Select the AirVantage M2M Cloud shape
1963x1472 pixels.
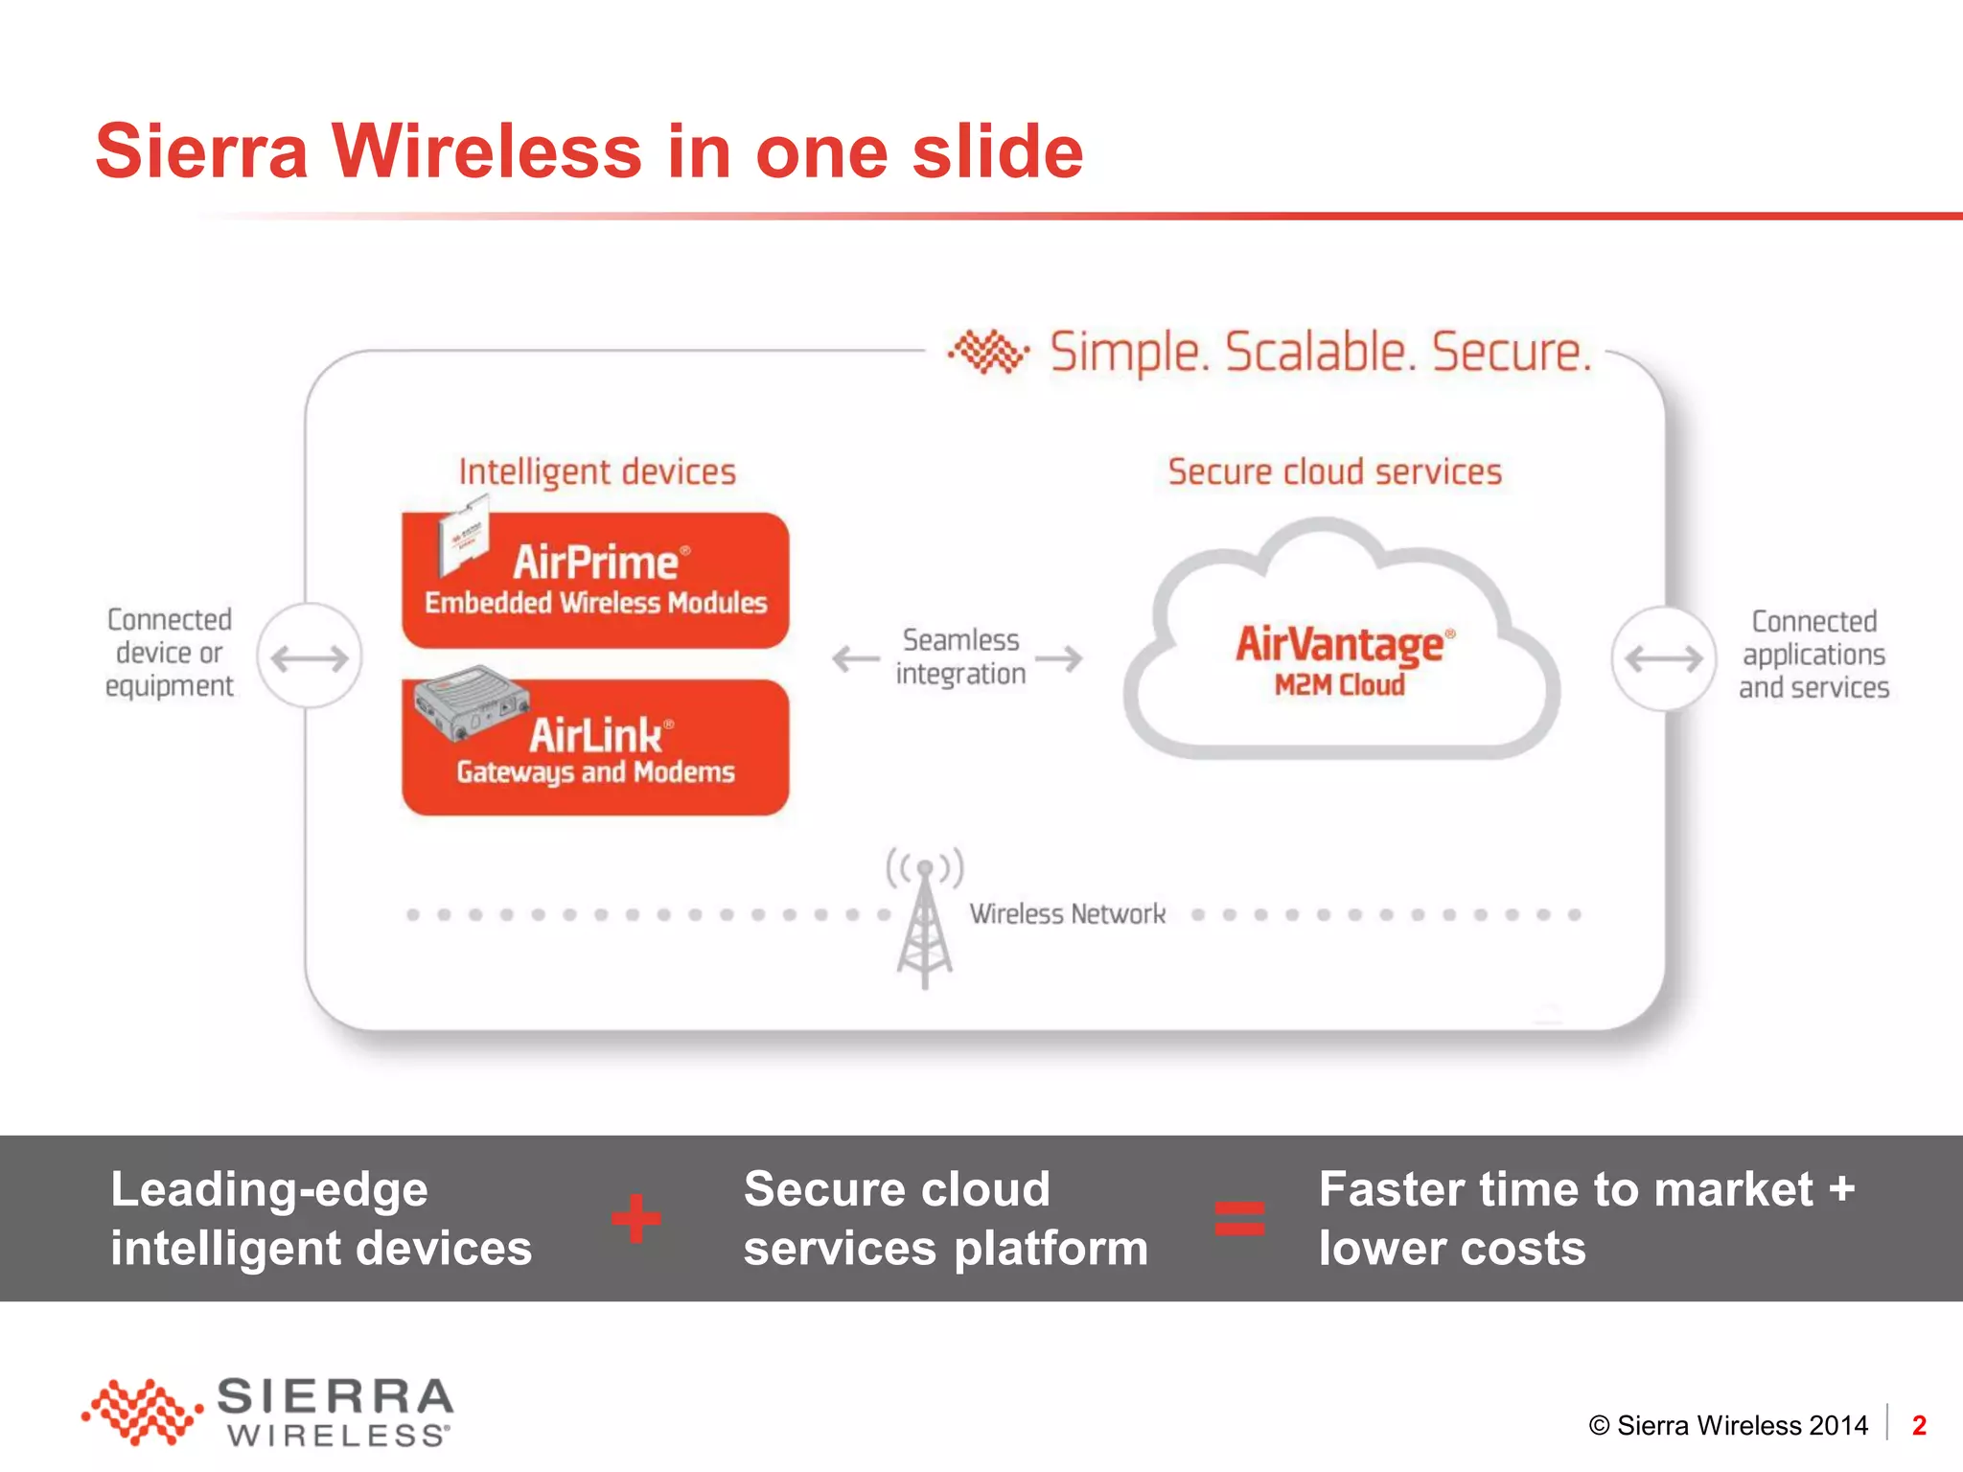pos(1340,652)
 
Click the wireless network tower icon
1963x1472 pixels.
pos(924,920)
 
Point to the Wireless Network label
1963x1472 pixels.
pos(1067,914)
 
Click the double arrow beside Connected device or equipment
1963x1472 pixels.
pos(310,657)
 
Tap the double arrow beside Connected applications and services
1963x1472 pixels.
pos(1663,658)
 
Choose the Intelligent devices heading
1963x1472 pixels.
pos(596,471)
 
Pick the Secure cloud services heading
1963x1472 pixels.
pos(1334,471)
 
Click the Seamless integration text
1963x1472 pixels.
pos(960,657)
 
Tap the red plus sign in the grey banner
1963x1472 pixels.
pos(636,1219)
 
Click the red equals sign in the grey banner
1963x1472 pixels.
pos(1239,1219)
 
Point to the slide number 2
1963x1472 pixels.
pos(1919,1426)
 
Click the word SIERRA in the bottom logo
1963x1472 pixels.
pos(335,1397)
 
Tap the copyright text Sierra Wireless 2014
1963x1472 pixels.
pos(1728,1426)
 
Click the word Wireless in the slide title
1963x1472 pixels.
pos(487,151)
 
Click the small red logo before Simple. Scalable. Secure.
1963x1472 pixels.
pos(988,352)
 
